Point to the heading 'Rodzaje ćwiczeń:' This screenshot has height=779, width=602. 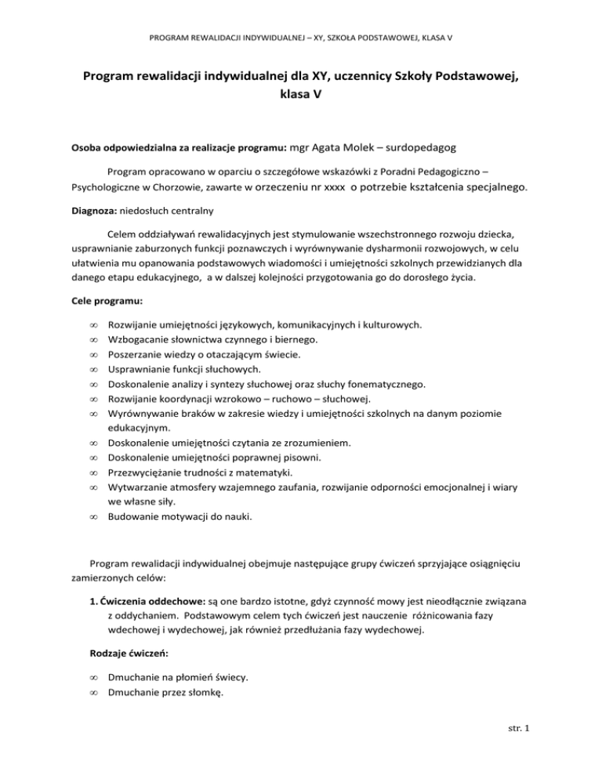click(114, 628)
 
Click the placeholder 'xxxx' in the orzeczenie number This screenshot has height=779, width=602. click(335, 188)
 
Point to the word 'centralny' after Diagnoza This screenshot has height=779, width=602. click(189, 211)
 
